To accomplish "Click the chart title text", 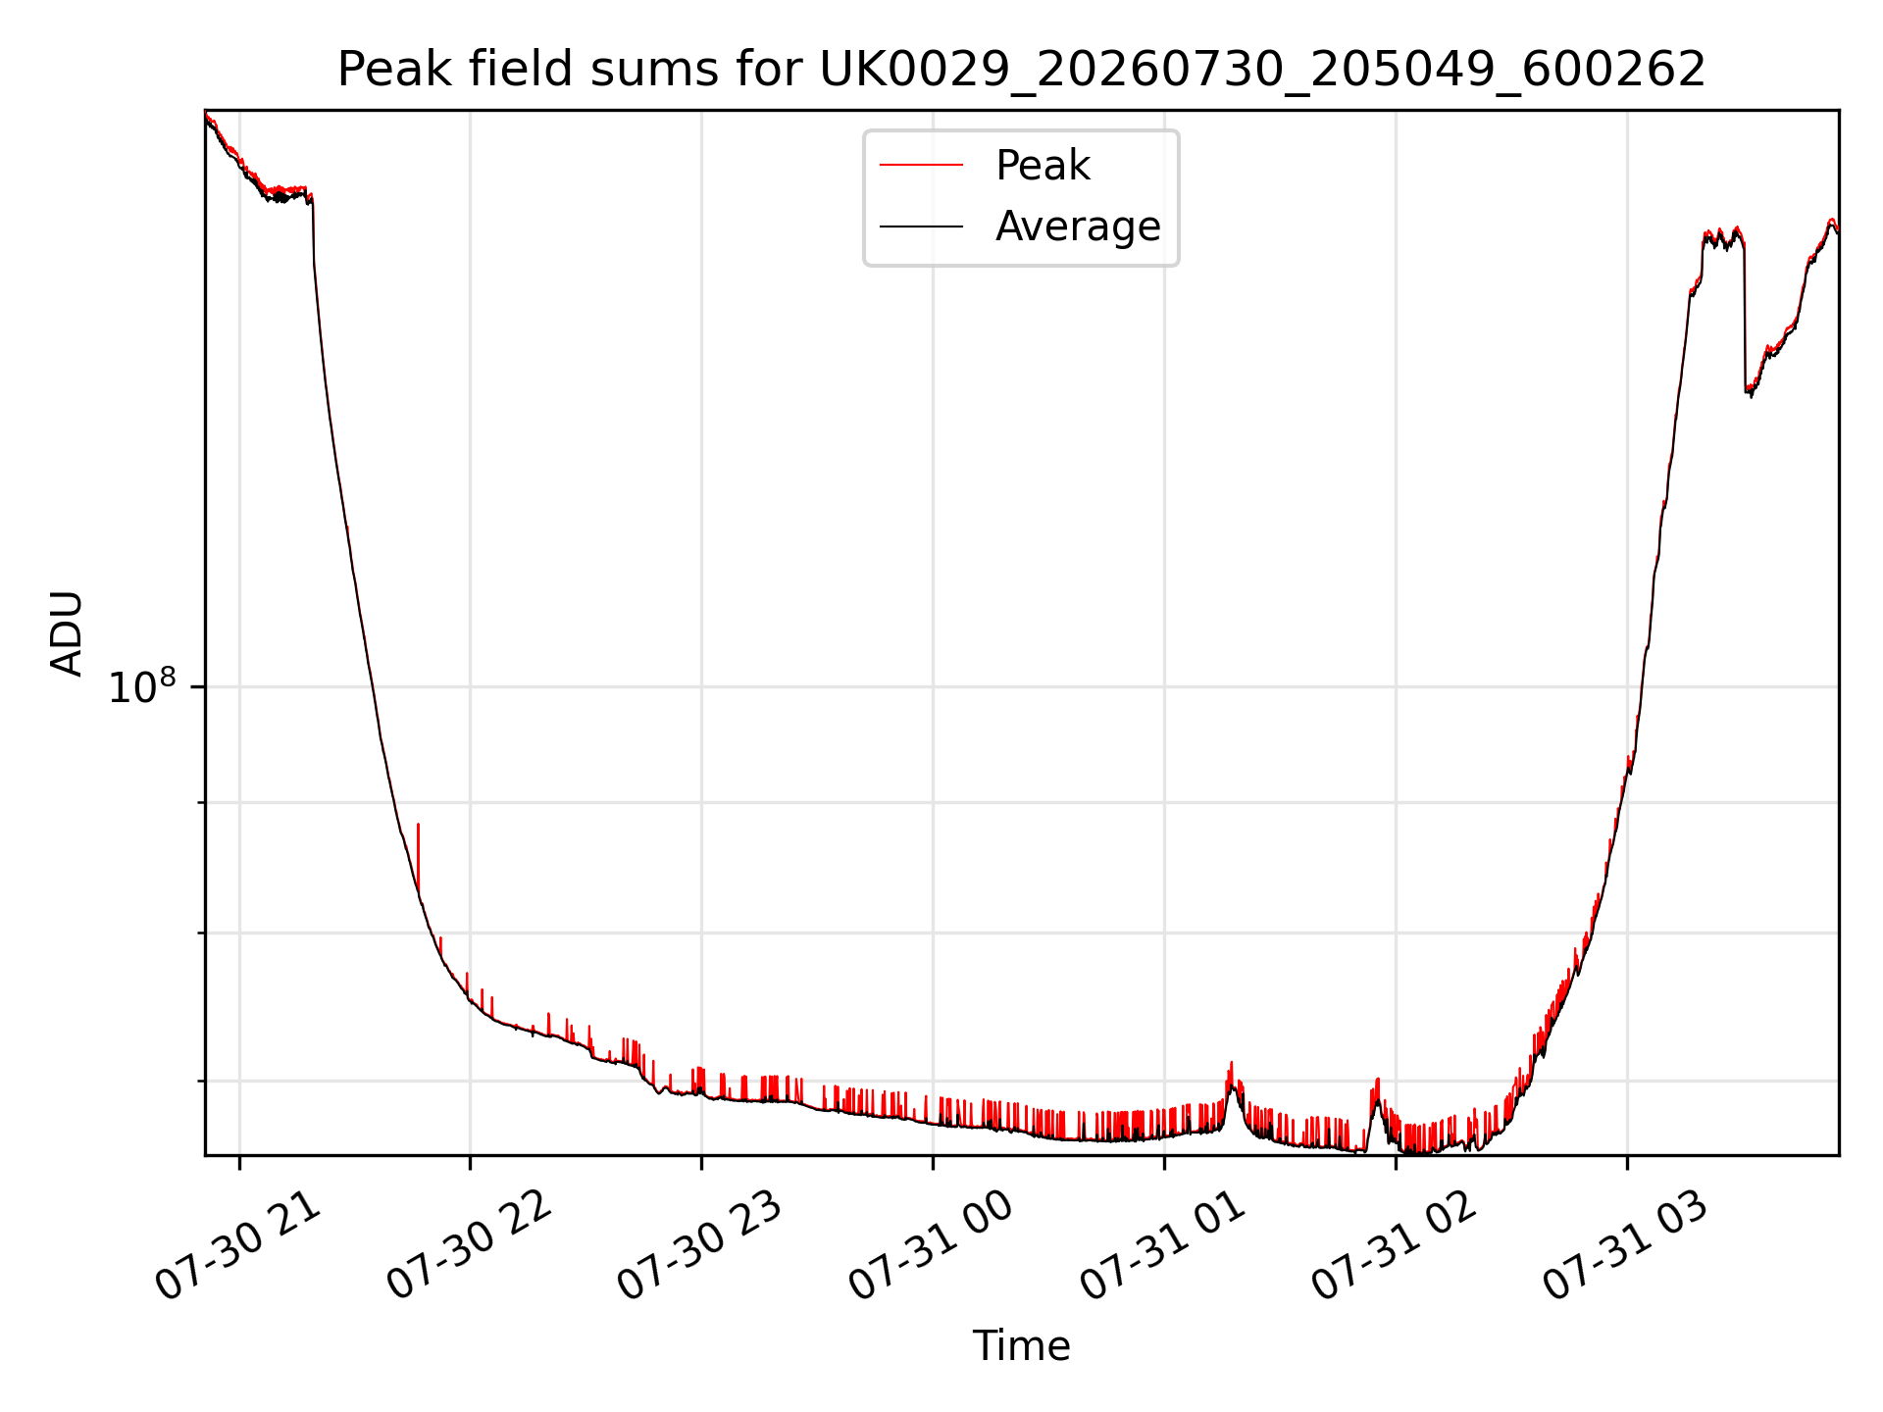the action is click(x=1021, y=70).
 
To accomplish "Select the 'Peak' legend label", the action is click(x=1043, y=166).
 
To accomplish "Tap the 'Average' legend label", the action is click(x=1078, y=227).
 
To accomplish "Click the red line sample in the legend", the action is click(x=921, y=166).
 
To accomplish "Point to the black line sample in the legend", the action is click(x=921, y=227).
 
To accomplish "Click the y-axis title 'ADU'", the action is click(x=67, y=632).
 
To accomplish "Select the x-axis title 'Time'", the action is click(x=1021, y=1345).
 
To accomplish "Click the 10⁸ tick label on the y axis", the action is click(x=143, y=686).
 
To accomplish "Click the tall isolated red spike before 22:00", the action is click(x=418, y=855).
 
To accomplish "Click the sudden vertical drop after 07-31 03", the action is click(x=1745, y=314).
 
